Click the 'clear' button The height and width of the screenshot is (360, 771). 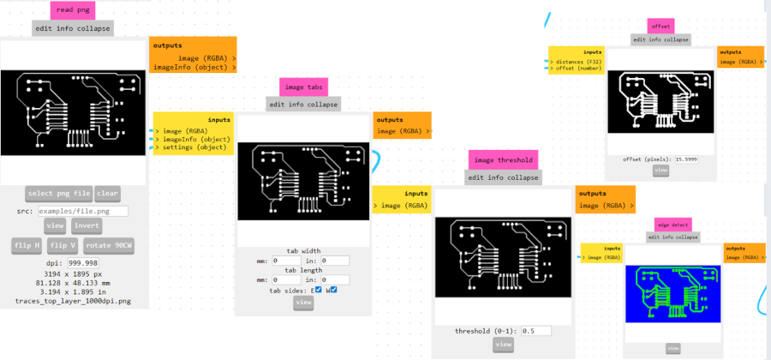(107, 193)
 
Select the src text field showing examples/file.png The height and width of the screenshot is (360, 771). (82, 211)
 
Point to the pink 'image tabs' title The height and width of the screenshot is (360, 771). (303, 87)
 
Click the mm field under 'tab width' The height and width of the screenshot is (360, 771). (286, 261)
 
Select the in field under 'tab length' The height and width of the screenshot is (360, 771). (336, 279)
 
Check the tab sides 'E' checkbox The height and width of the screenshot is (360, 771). (318, 290)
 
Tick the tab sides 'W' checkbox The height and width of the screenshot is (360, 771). (333, 290)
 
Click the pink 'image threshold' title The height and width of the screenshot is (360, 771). (503, 159)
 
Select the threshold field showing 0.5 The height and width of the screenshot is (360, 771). (527, 331)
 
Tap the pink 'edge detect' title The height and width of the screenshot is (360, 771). (672, 225)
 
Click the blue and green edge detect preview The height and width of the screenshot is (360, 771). (672, 293)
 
